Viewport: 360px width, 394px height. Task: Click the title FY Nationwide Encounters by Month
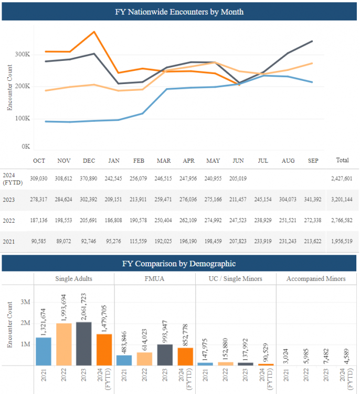pos(179,11)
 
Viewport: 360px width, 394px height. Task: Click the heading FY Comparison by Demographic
pos(179,264)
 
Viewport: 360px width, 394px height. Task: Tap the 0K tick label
pos(25,146)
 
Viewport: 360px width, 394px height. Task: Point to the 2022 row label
pos(8,220)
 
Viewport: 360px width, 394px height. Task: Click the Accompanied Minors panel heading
pos(315,278)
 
